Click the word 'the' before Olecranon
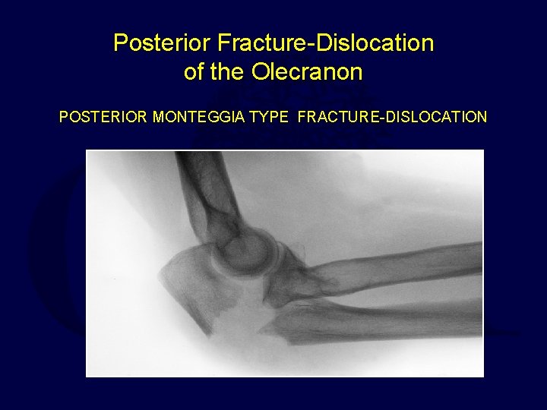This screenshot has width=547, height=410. coord(231,73)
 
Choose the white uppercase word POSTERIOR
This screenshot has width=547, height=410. coord(104,118)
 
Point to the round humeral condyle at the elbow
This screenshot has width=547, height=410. coord(243,251)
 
